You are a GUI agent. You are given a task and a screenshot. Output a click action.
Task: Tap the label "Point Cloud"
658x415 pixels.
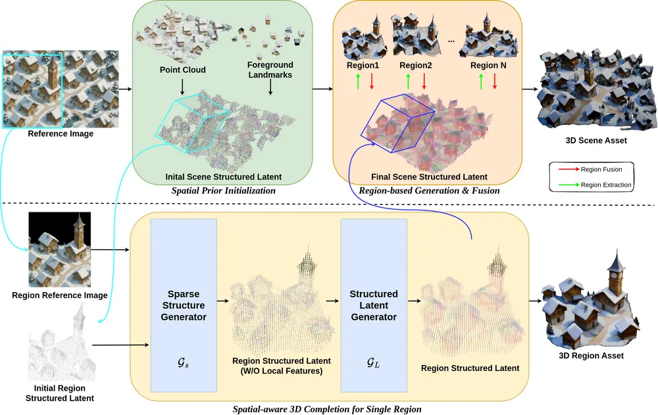pyautogui.click(x=182, y=70)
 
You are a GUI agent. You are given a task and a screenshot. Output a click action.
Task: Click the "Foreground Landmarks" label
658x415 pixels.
pyautogui.click(x=270, y=70)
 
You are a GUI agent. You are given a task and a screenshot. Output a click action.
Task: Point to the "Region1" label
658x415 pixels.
pyautogui.click(x=363, y=66)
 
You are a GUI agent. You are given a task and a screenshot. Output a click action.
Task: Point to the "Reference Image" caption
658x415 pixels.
pyautogui.click(x=61, y=134)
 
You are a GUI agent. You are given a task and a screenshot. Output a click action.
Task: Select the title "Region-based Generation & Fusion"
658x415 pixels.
pyautogui.click(x=429, y=191)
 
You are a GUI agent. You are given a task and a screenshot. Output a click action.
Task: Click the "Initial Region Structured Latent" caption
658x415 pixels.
pyautogui.click(x=60, y=393)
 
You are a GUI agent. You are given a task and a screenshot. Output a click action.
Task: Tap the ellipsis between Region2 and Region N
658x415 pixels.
pyautogui.click(x=451, y=41)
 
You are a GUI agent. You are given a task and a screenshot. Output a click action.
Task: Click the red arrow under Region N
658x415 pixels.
pyautogui.click(x=494, y=82)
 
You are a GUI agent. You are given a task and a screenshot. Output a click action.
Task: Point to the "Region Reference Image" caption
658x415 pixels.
pyautogui.click(x=60, y=295)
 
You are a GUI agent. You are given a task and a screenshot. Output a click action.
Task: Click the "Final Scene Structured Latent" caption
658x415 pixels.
pyautogui.click(x=429, y=177)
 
